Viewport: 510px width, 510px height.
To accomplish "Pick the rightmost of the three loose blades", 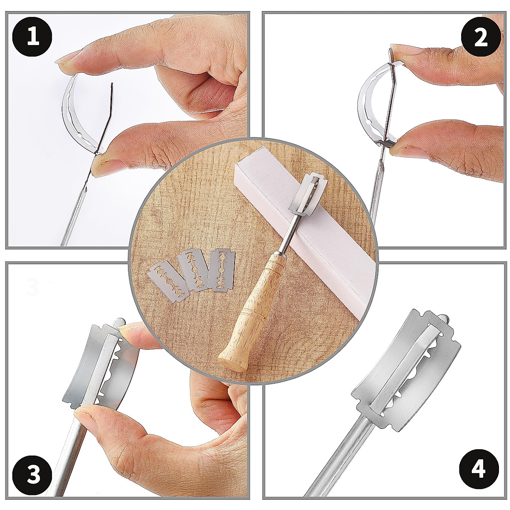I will pyautogui.click(x=222, y=270).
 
